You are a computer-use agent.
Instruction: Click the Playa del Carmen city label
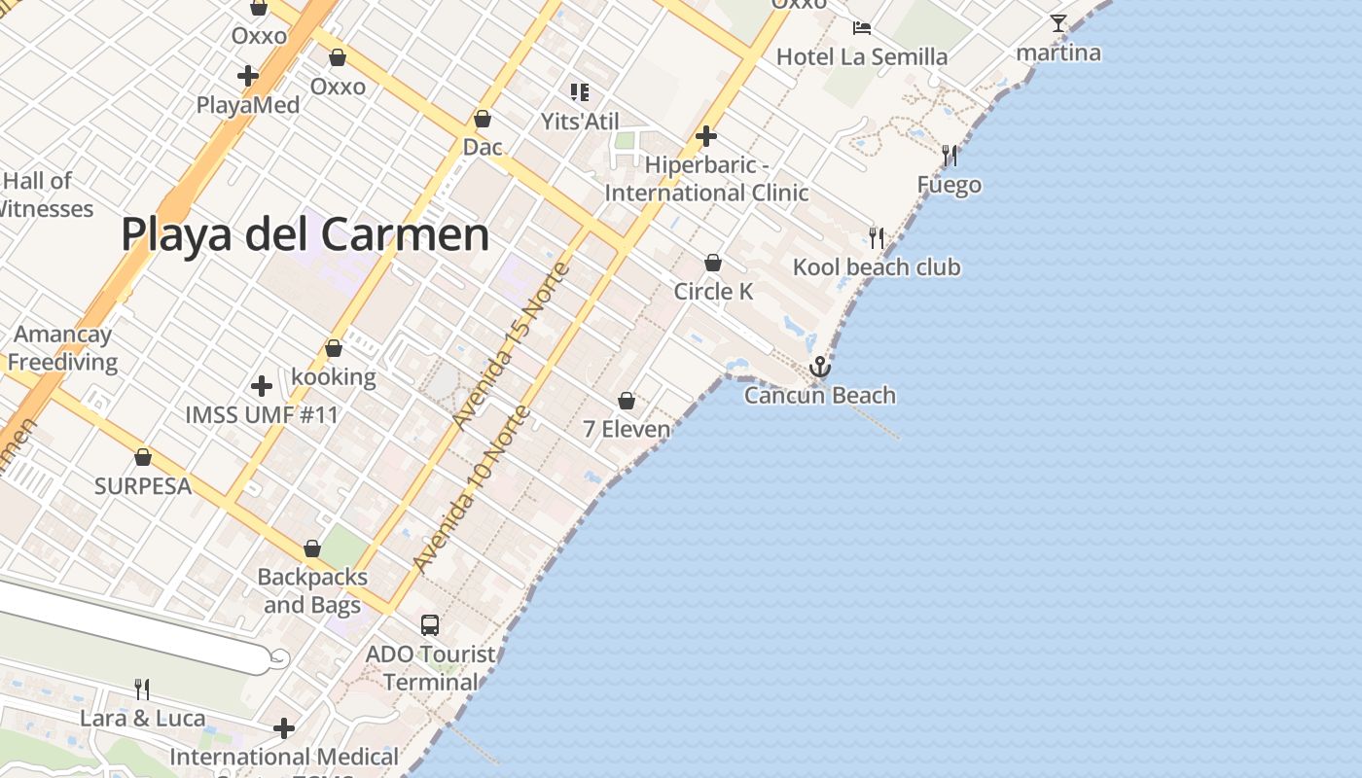[305, 235]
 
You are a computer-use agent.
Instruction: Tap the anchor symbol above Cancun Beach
[820, 368]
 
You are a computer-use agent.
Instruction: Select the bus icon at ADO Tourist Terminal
[430, 625]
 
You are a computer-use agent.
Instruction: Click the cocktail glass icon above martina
[1058, 23]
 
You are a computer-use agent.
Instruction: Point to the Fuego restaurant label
[949, 185]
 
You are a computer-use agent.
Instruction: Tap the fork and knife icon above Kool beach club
[877, 238]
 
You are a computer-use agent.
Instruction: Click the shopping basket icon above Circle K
[713, 263]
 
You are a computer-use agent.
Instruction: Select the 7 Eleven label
[627, 429]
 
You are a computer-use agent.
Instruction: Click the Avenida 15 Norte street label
[510, 345]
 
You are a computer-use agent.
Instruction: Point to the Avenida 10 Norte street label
[471, 488]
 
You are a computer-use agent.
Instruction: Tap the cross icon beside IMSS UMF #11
[261, 386]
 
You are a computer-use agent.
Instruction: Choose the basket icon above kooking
[334, 348]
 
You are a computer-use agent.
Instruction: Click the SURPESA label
[143, 486]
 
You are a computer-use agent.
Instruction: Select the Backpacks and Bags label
[312, 590]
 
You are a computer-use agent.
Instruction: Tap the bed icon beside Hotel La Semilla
[862, 27]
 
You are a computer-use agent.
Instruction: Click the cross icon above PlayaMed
[248, 75]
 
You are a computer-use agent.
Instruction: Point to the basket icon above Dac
[483, 119]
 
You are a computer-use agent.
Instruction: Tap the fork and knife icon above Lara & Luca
[142, 690]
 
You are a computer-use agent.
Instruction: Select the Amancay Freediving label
[63, 348]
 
